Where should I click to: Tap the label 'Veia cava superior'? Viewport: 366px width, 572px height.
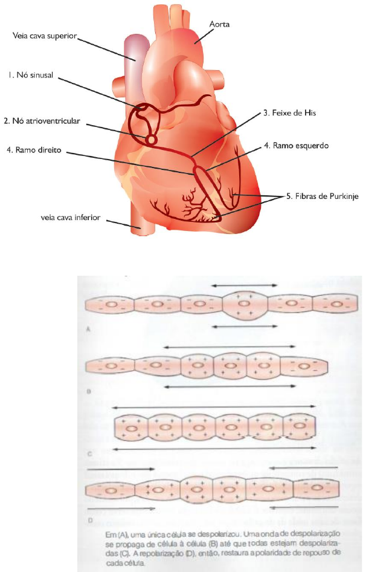(45, 36)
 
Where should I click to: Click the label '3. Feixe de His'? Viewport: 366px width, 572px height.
(290, 112)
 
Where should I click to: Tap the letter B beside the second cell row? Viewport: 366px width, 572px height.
(89, 391)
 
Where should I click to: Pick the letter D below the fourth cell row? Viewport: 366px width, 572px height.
(89, 518)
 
